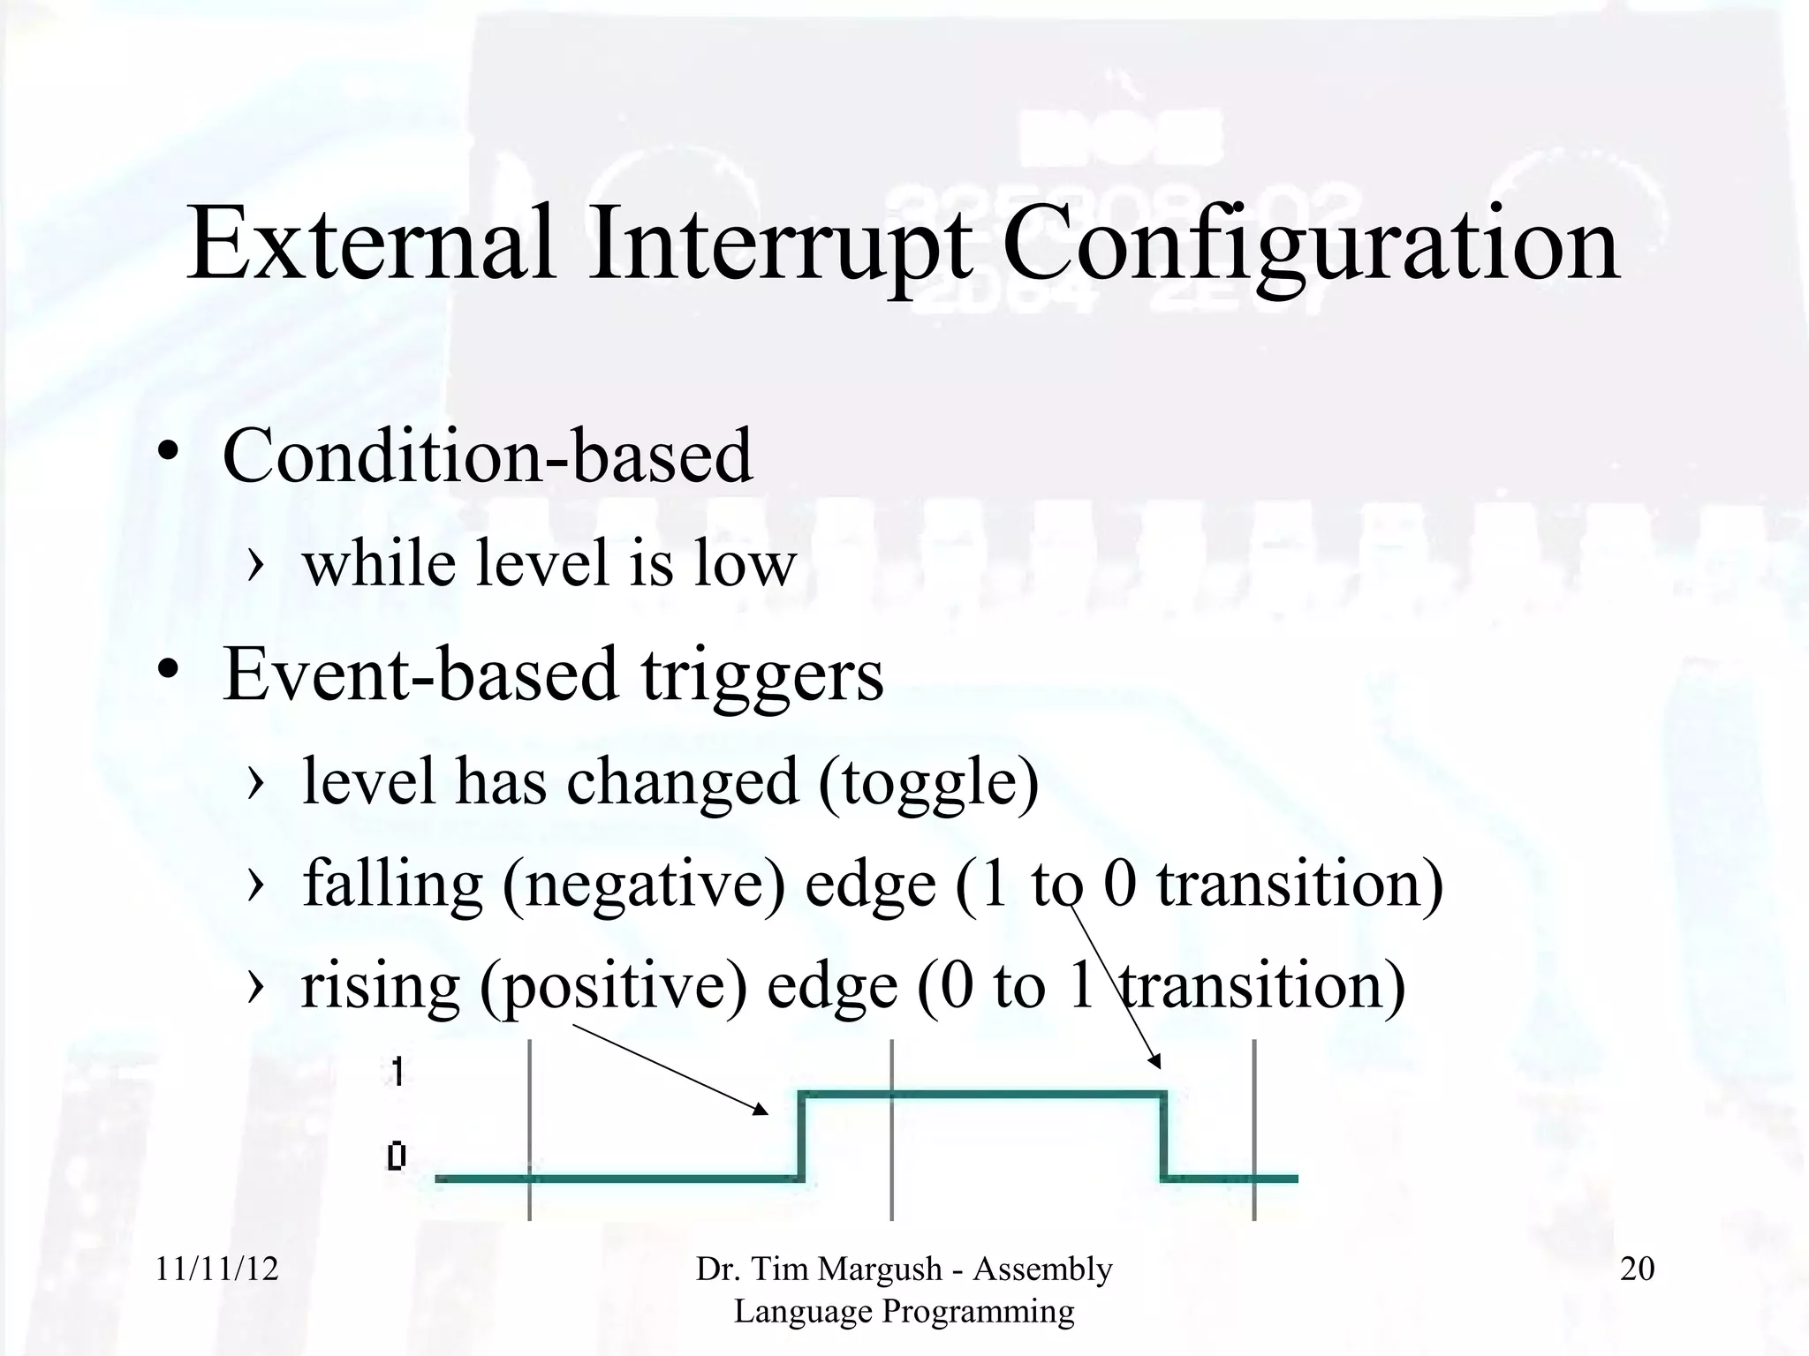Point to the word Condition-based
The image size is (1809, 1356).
488,456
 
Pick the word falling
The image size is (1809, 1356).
393,885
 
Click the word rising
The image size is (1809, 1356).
381,987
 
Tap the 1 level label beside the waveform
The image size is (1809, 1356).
397,1072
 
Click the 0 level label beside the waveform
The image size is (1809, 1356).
397,1156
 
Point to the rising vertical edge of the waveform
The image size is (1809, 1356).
801,1137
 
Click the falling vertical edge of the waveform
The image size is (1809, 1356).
1163,1137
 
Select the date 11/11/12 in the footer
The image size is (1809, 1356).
216,1269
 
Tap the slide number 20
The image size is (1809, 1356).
1637,1269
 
